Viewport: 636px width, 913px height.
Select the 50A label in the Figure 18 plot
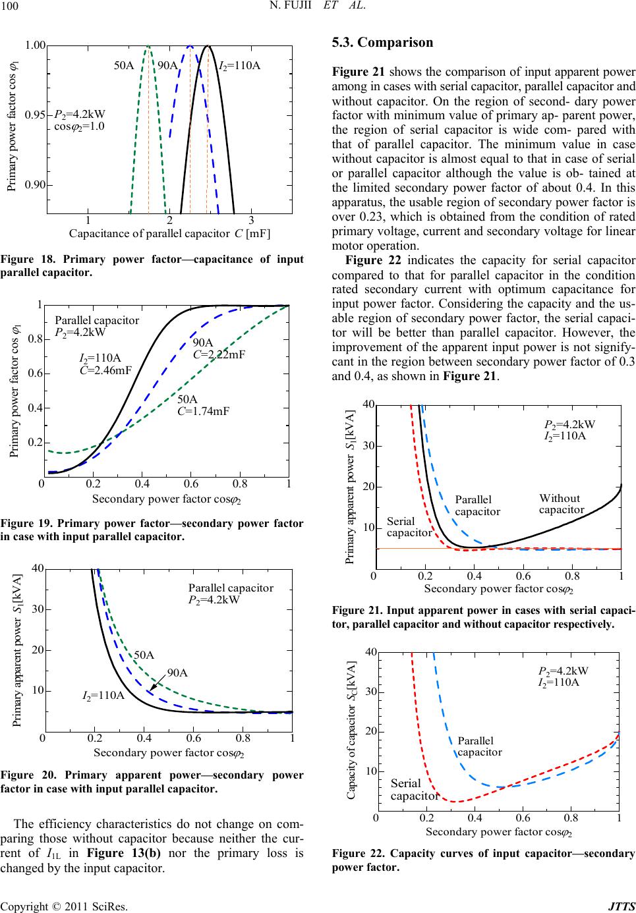[125, 65]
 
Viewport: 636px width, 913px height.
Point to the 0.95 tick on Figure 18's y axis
[35, 115]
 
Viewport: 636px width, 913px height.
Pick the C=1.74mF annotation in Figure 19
[203, 411]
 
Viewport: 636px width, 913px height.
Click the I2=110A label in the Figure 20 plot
[103, 695]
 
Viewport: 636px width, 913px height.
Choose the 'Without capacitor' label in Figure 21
[561, 503]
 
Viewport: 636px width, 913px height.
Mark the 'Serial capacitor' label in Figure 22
[414, 789]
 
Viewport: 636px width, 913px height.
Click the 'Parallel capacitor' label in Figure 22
[479, 746]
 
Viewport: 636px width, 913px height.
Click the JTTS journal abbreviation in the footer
[623, 906]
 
